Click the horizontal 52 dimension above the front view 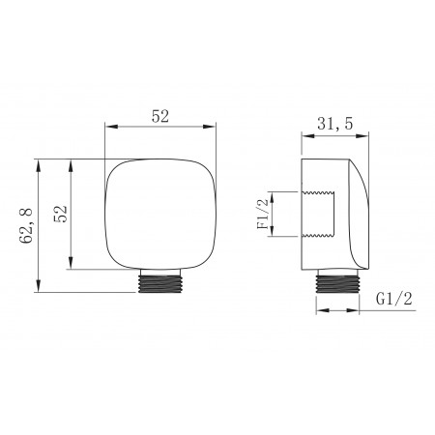coord(160,116)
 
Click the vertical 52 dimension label coord(61,214)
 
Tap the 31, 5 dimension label coord(335,124)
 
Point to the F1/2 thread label coord(263,214)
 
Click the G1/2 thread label coord(394,299)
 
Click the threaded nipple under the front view coord(160,280)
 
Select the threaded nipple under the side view coord(337,281)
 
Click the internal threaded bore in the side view coord(318,215)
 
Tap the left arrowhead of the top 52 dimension coord(111,127)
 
